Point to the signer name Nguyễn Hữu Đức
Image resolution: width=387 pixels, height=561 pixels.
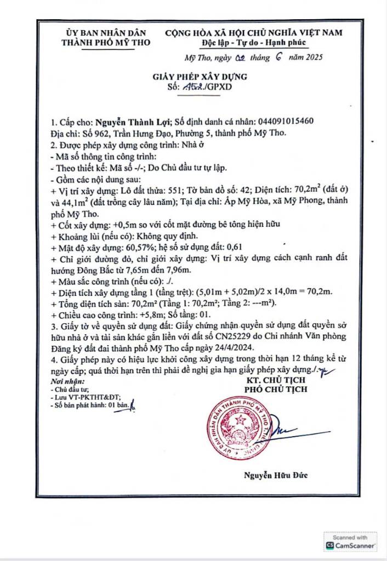pos(275,476)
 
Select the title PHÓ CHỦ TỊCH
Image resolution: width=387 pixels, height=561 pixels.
pos(276,390)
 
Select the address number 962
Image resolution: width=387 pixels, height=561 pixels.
pos(106,133)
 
